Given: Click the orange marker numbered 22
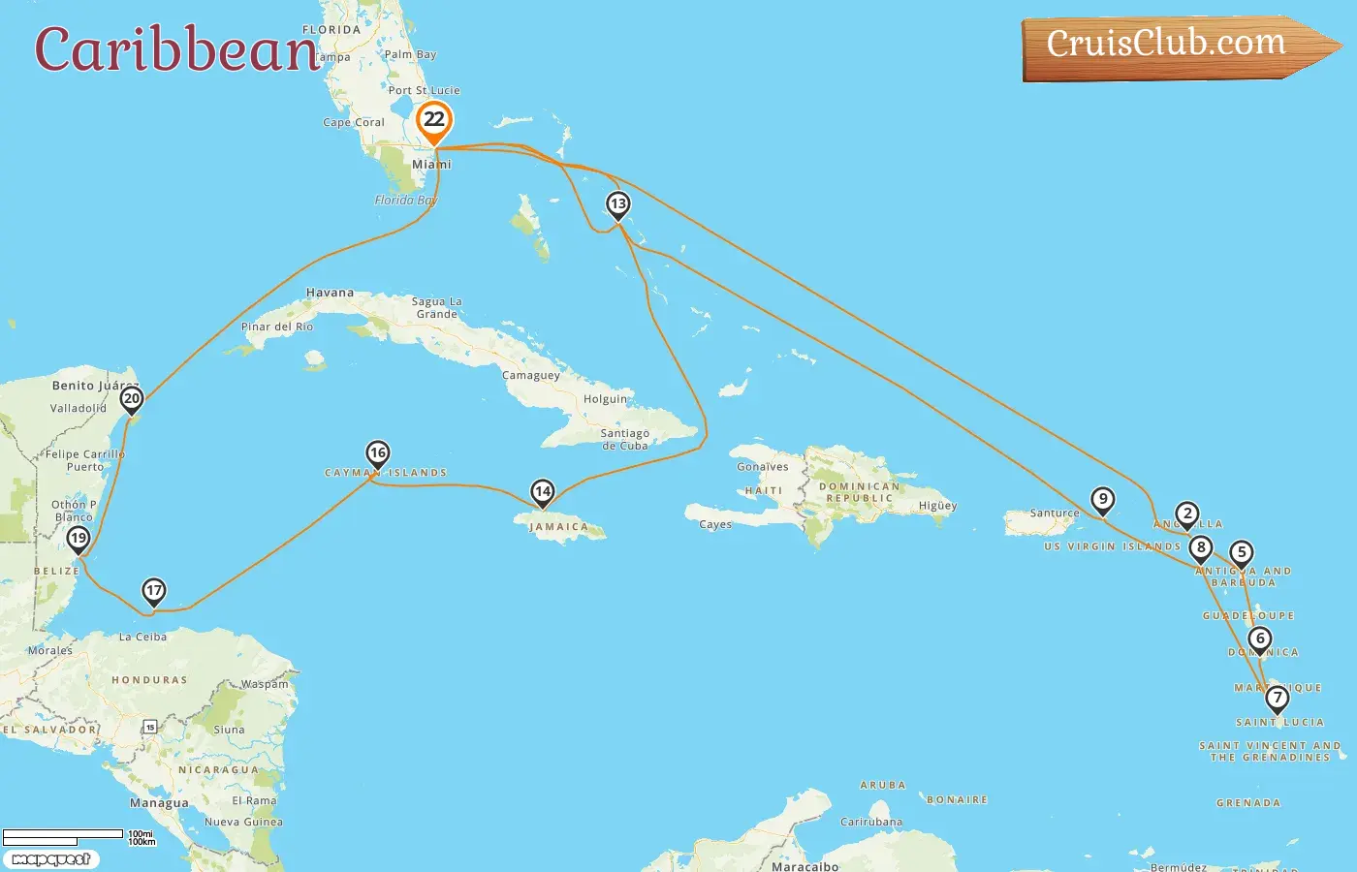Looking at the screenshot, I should [434, 121].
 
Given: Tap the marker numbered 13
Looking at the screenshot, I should [617, 204].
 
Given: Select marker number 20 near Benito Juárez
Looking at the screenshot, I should [132, 398].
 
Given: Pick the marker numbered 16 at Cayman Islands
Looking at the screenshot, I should [377, 452].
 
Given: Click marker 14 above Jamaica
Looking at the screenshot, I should [543, 492].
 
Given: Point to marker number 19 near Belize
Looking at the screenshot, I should [79, 538].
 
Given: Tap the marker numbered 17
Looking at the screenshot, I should [153, 590].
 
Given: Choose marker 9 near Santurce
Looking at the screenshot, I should [1102, 500].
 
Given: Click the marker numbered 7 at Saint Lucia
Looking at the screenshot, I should [1277, 698].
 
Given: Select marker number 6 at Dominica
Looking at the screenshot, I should [1259, 638].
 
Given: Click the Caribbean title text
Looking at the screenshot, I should [176, 49].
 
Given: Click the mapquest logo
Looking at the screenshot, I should [51, 859].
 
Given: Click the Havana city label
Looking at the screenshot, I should [330, 293].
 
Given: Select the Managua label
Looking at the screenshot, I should [159, 803].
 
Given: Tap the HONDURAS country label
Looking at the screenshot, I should [149, 680].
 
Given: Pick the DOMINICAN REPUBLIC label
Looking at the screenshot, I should [859, 492].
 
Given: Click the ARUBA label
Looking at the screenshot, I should [882, 786].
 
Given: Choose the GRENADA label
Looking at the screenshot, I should [1248, 803].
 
